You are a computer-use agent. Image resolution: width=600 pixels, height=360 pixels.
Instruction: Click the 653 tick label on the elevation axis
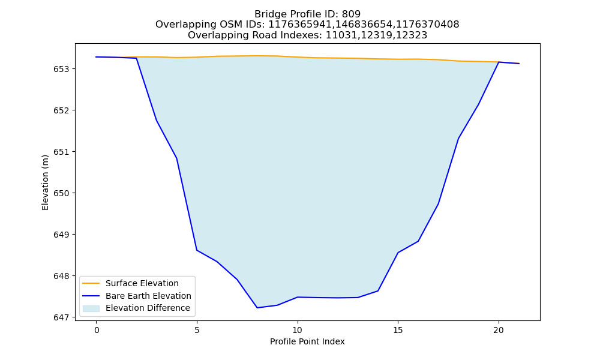(x=61, y=69)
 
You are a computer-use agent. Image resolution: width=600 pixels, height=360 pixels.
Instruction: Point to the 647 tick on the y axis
(x=61, y=317)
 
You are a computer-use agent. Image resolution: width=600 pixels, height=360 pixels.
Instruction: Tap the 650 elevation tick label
(x=61, y=193)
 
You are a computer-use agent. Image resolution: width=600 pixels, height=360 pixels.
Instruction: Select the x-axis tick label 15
(x=398, y=330)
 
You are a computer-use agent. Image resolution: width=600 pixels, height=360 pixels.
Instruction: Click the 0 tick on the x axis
(x=97, y=330)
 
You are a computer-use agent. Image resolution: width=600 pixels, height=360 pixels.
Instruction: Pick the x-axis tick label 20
(x=498, y=330)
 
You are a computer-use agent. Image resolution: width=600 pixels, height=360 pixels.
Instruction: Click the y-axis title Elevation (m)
(x=45, y=182)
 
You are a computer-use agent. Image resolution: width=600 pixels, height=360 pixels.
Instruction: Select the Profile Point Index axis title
(x=307, y=341)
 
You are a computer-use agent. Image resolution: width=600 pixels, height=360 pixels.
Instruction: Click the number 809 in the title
(x=351, y=14)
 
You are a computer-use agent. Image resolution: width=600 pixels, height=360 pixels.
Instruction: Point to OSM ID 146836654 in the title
(x=364, y=25)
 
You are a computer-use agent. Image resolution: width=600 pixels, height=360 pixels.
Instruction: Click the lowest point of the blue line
(x=257, y=308)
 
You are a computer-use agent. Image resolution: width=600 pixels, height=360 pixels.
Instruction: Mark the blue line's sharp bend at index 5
(x=197, y=250)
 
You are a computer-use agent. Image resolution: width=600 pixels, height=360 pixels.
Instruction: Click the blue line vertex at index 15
(x=398, y=253)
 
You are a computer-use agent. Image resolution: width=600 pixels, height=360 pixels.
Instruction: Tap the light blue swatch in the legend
(x=91, y=308)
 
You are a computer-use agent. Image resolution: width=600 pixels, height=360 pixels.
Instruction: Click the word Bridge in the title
(x=268, y=14)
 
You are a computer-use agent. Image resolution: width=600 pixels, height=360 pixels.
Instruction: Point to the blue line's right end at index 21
(x=519, y=64)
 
